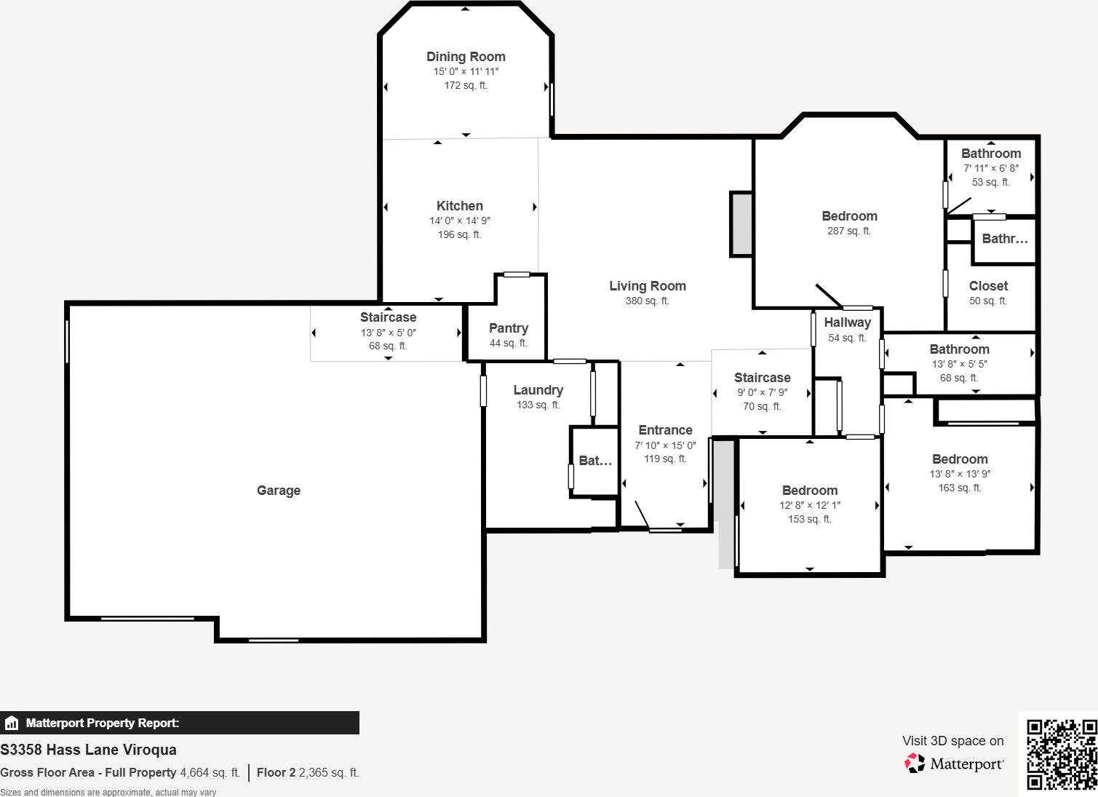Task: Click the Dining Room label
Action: [466, 57]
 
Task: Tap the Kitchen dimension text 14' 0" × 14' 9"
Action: [460, 221]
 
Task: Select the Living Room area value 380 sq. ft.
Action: [647, 301]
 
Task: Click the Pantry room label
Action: [509, 328]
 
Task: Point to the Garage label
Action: [279, 491]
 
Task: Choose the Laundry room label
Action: [538, 390]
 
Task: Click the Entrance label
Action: [665, 430]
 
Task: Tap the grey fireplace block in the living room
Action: [741, 223]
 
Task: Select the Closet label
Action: [988, 286]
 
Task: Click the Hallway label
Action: [848, 322]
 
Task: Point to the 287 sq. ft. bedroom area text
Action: [849, 231]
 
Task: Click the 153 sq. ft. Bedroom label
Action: [810, 491]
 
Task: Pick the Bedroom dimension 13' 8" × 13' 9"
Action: [960, 475]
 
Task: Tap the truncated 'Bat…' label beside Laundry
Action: [595, 461]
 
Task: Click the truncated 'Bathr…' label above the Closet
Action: [1005, 239]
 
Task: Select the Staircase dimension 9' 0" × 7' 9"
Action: [763, 392]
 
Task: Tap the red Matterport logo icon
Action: [915, 764]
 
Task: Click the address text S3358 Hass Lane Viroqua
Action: [88, 750]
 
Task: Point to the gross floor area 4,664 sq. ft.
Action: [210, 773]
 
